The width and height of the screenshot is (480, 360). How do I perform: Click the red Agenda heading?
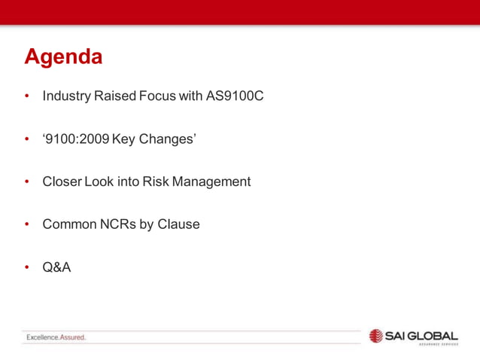[x=63, y=56]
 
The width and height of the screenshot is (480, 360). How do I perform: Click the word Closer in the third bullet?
[x=62, y=182]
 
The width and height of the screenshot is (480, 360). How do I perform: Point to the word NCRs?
[x=117, y=224]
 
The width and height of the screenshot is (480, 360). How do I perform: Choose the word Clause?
[x=178, y=224]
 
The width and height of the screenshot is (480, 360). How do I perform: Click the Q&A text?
[x=56, y=266]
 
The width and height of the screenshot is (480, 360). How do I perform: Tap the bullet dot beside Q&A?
[x=27, y=267]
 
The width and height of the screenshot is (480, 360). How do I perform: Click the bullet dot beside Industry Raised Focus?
[x=27, y=97]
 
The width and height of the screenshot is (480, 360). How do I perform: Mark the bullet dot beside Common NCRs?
[x=27, y=224]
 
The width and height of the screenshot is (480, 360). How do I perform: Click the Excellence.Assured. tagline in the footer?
[x=56, y=337]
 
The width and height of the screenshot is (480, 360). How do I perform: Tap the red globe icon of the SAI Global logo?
[x=376, y=336]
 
